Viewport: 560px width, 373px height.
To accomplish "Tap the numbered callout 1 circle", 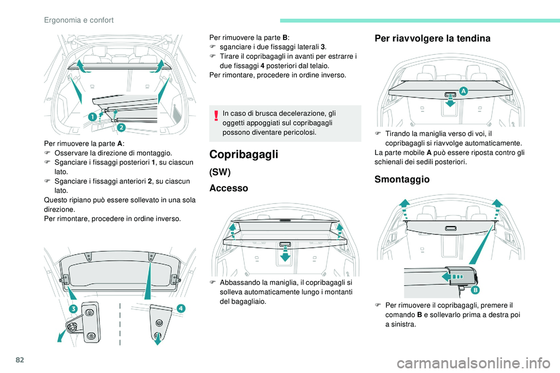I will tap(92, 118).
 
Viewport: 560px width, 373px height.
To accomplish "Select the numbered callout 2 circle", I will tap(121, 126).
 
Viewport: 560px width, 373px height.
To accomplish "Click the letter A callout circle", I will tap(463, 91).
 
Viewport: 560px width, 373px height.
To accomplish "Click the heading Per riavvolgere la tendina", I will tap(432, 38).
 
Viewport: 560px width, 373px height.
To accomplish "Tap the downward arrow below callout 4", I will tap(157, 339).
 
